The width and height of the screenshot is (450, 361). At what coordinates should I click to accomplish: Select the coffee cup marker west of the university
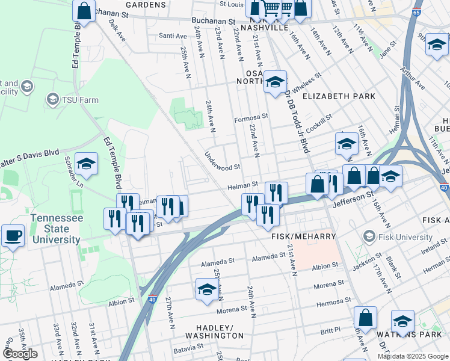tap(12, 236)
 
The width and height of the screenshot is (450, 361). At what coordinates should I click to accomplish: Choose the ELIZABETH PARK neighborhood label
tap(339, 96)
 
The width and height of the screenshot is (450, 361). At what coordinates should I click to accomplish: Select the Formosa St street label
tap(250, 120)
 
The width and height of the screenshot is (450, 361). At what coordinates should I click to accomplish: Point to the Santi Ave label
tap(173, 35)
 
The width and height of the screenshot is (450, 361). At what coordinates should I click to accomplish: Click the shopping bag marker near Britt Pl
tap(365, 318)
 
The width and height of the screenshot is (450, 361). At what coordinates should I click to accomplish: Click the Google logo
tap(20, 354)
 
